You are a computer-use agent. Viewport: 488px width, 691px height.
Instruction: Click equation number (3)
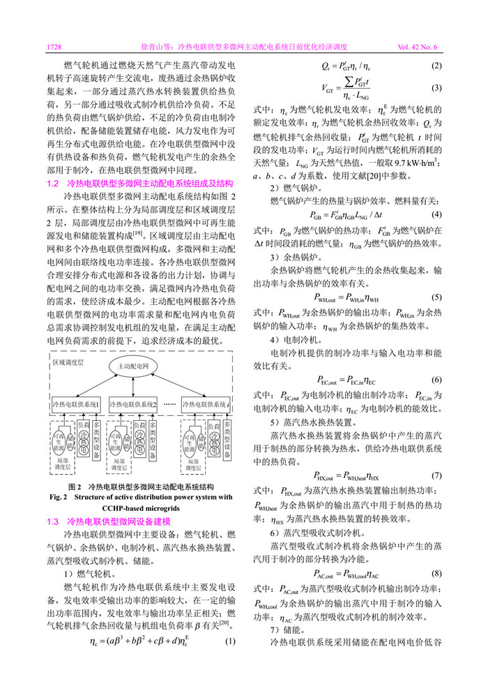coord(436,88)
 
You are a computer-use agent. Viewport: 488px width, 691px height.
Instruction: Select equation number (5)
coord(436,297)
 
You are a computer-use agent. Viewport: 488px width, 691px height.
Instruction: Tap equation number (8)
coord(436,574)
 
